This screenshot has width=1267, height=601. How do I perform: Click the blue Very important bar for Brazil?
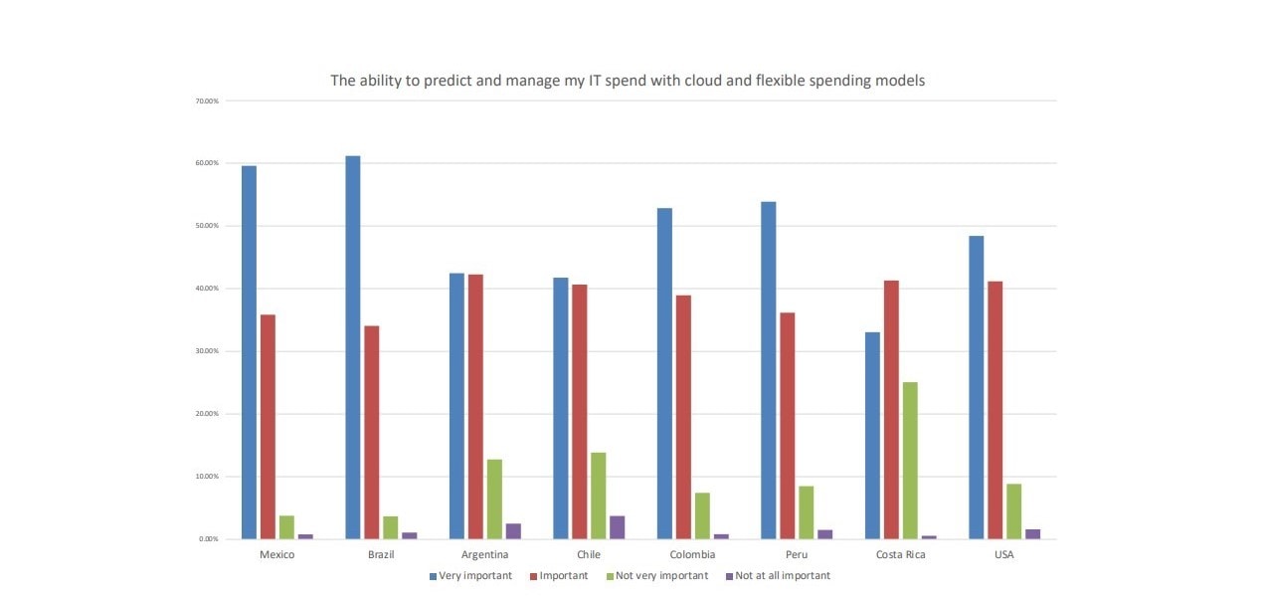tap(353, 347)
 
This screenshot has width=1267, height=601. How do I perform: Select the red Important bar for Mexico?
tap(268, 427)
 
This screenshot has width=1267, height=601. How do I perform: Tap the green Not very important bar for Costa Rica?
tap(910, 461)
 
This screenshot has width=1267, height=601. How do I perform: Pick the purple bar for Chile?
tap(617, 527)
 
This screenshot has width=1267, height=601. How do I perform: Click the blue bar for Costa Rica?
tap(872, 435)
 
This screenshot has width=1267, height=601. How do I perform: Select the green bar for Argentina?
tap(494, 500)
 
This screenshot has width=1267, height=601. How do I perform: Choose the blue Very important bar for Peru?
tap(768, 370)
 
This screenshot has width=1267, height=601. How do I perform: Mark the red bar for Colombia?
tap(683, 417)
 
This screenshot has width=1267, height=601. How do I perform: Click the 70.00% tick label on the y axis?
tap(207, 100)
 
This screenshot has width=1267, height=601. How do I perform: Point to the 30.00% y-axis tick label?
tap(207, 351)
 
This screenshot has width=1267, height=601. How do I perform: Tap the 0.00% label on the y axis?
tap(209, 539)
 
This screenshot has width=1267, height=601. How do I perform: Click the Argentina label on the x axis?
tap(485, 555)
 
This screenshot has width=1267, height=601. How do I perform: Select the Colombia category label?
tap(693, 555)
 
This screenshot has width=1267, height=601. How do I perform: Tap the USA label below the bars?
tap(1004, 555)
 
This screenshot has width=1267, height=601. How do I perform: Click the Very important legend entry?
tap(474, 576)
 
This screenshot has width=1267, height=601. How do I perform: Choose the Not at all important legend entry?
tap(782, 576)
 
